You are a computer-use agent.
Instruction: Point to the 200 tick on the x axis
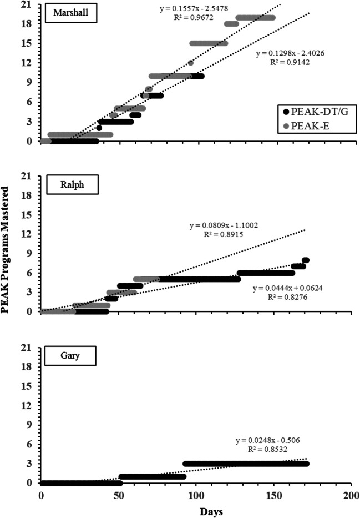(351, 494)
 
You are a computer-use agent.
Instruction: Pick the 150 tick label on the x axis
(273, 494)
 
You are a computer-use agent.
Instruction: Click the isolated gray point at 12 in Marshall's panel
(191, 63)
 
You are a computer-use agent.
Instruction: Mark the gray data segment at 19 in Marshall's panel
(255, 17)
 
